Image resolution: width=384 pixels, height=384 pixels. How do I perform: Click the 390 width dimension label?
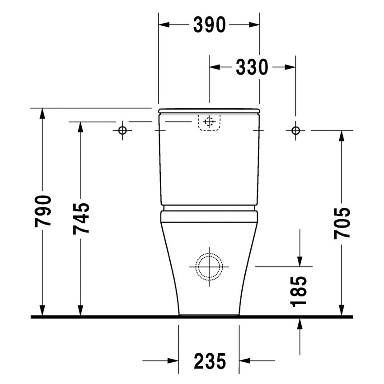coord(209,26)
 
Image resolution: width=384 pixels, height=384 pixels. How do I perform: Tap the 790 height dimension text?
coord(43,211)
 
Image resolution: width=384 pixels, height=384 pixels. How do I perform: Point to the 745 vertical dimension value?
coord(81,219)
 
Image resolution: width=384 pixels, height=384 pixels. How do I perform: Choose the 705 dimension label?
coord(342,223)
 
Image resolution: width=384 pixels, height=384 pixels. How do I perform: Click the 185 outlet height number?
coord(300,291)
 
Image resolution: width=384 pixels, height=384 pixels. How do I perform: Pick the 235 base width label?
coord(209,361)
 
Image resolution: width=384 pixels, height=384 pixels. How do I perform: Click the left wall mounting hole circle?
coord(122,131)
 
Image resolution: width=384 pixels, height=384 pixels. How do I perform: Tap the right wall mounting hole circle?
coord(295,131)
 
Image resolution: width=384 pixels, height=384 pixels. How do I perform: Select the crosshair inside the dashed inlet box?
coord(209,122)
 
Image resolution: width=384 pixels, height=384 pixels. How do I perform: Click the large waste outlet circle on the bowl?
coord(209,266)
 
